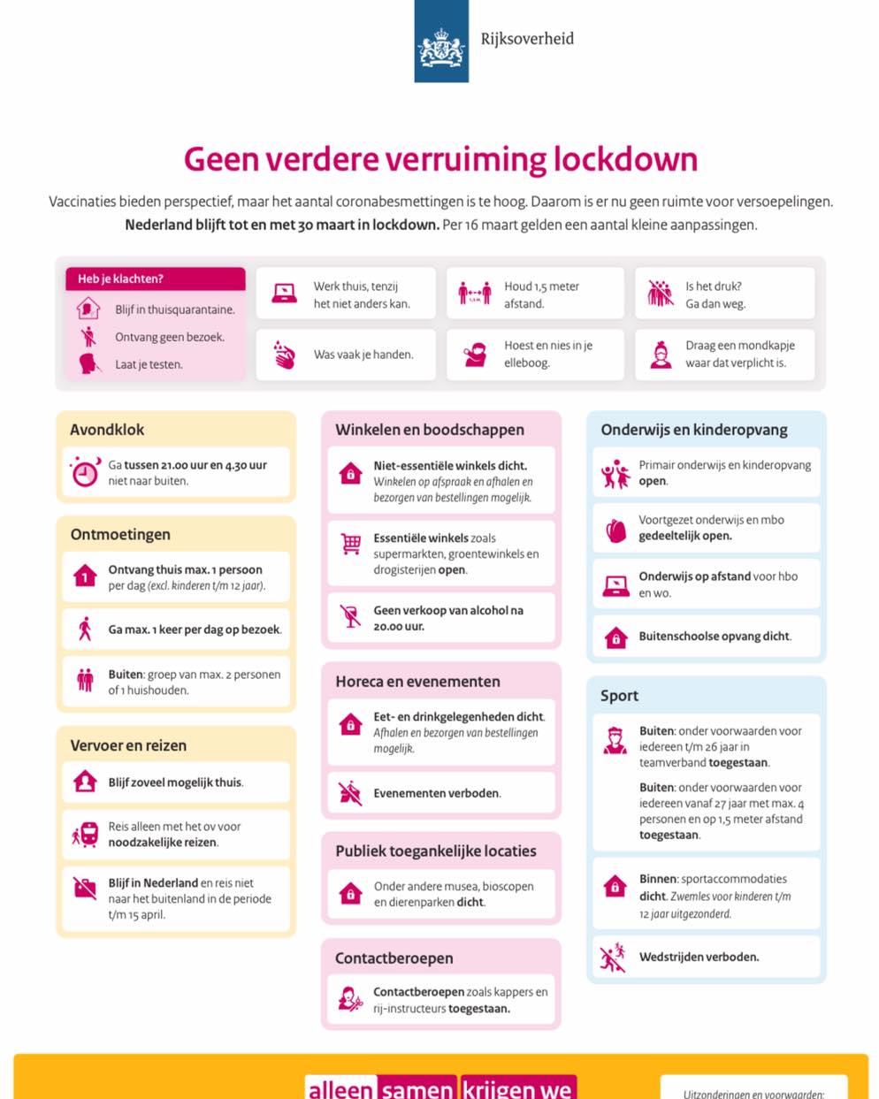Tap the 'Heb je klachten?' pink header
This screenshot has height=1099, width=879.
155,279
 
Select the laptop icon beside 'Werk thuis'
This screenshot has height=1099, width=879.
284,294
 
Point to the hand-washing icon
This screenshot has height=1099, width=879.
284,355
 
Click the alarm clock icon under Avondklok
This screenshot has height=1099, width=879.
85,472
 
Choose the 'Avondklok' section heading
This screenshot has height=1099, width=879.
107,430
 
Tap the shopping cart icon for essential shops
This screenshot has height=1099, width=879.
351,545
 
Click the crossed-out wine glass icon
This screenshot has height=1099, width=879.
351,616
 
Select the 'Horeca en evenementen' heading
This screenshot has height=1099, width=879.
417,682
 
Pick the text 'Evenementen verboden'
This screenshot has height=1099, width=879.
436,793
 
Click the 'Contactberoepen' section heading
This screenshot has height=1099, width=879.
394,958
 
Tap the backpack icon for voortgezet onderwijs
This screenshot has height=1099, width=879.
615,529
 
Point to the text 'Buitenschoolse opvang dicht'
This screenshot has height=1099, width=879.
715,637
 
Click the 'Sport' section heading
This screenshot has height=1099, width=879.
619,696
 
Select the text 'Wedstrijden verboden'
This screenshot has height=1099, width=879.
699,957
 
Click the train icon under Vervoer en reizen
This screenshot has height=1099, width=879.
87,834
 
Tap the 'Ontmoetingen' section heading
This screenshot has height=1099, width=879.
120,535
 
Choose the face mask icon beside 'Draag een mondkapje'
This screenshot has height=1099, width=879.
661,355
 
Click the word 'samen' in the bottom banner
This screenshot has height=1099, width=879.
417,1088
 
